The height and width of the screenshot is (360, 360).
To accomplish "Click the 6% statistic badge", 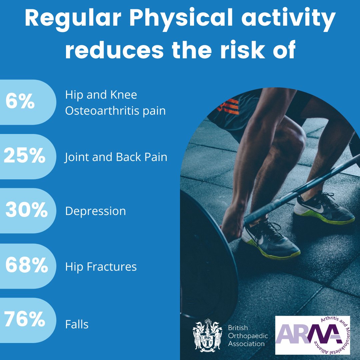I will point(20,102).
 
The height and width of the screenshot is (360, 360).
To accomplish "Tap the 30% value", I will point(26,211).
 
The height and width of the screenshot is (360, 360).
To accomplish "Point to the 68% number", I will point(26,266).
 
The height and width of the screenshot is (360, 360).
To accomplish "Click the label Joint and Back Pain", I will point(116,157).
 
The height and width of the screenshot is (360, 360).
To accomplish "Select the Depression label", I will point(95,211).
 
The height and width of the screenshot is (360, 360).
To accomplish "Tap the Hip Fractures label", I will point(101,267).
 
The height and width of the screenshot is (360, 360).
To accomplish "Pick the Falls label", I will point(77,324).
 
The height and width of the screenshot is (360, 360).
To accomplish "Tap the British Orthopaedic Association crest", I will point(207,335).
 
